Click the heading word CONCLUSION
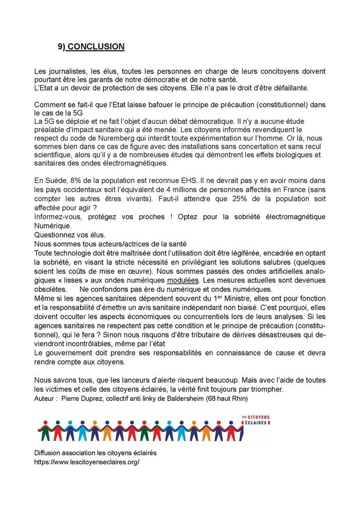(x=95, y=47)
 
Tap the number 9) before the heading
(x=62, y=47)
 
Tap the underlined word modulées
(x=181, y=280)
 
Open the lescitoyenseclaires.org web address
(x=87, y=462)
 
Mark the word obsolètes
(x=50, y=289)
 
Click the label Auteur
(x=45, y=399)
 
